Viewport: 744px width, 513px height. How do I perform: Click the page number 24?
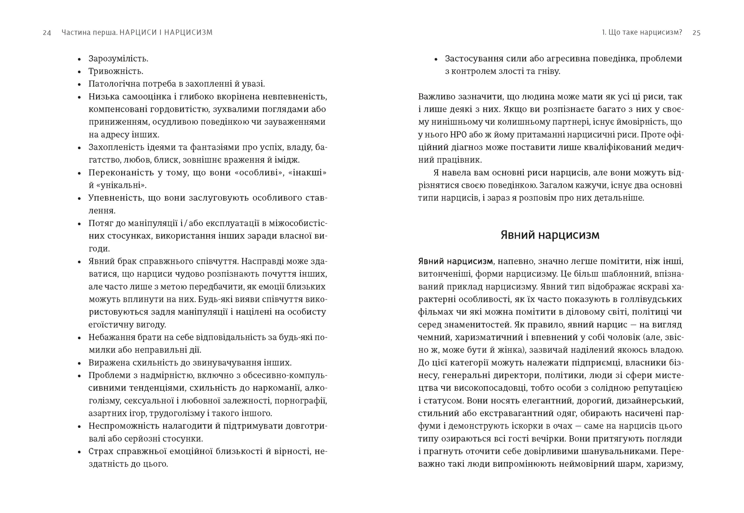pyautogui.click(x=47, y=33)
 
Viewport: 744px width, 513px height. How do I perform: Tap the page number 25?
pyautogui.click(x=696, y=33)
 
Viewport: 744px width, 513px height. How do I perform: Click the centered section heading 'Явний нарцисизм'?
pyautogui.click(x=550, y=235)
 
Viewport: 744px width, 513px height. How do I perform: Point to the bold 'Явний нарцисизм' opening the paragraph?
pyautogui.click(x=455, y=261)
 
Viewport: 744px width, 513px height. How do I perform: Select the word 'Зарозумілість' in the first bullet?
pyautogui.click(x=118, y=59)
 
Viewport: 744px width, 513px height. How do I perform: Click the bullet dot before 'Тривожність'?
pyautogui.click(x=79, y=72)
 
